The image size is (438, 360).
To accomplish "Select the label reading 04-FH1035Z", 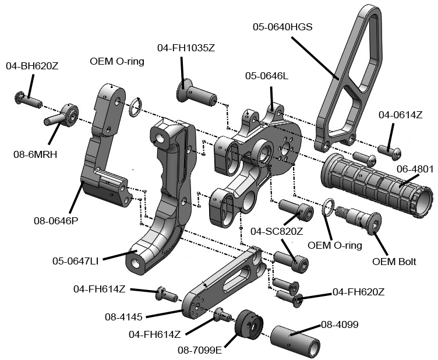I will click(186, 48).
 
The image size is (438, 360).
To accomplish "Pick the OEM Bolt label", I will click(394, 261).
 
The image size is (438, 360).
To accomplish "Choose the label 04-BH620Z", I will click(32, 66).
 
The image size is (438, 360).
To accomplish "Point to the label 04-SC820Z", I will click(277, 231).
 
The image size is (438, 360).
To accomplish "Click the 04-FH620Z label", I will click(358, 291).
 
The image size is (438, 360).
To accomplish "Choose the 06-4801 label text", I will click(415, 169).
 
